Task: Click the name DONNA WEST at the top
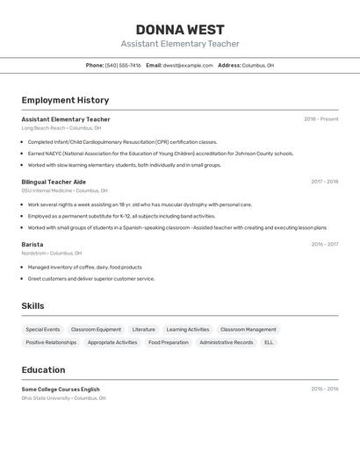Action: tap(180, 30)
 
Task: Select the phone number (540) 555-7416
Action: tap(123, 65)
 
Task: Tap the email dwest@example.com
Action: tap(188, 65)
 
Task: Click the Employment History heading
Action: tap(65, 100)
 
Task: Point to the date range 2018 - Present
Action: tap(320, 119)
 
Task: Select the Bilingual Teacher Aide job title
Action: tap(54, 182)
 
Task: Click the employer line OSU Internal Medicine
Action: tap(64, 190)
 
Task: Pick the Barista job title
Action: tap(32, 245)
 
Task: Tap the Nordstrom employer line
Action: tap(52, 254)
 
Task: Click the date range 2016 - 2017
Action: tap(324, 245)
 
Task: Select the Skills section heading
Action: tap(32, 305)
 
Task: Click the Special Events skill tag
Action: tap(43, 330)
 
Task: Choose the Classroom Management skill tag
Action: tap(248, 330)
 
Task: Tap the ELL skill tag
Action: tap(269, 342)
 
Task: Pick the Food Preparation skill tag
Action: tap(168, 342)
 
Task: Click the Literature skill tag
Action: tap(143, 330)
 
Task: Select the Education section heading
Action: tap(43, 369)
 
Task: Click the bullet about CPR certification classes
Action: tap(122, 141)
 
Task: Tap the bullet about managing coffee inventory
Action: tap(84, 267)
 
